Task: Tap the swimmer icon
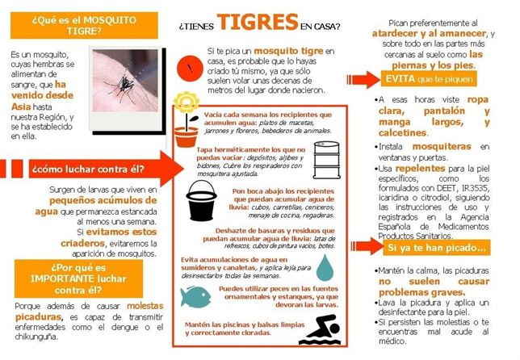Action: point(320,331)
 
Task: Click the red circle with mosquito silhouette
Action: point(189,65)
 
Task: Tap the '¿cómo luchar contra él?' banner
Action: point(86,170)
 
